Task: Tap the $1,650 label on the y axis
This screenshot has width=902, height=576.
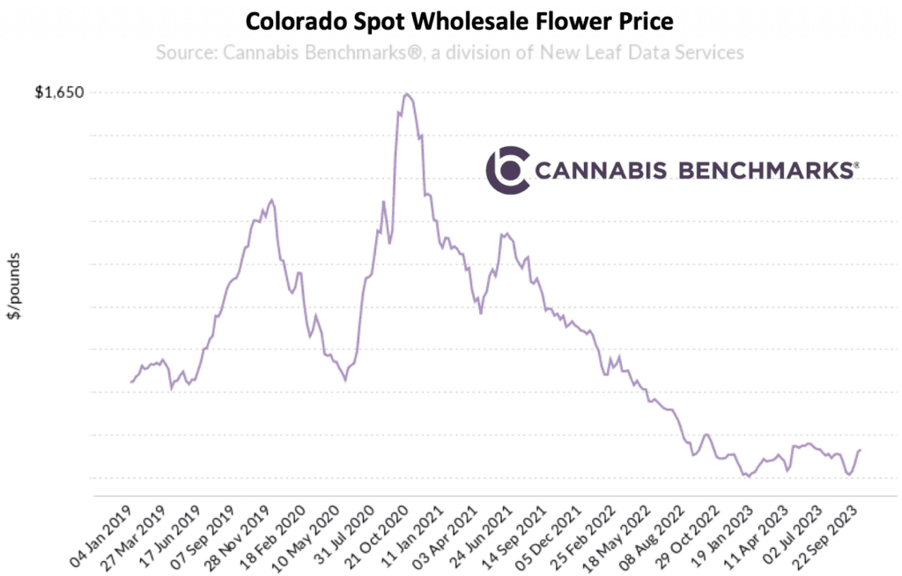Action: pos(59,92)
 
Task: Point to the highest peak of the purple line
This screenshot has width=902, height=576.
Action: pos(406,94)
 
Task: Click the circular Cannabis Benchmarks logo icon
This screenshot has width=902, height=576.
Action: pos(508,170)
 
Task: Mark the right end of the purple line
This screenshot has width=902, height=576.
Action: pos(861,450)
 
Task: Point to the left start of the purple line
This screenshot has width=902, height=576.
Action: pos(130,382)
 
